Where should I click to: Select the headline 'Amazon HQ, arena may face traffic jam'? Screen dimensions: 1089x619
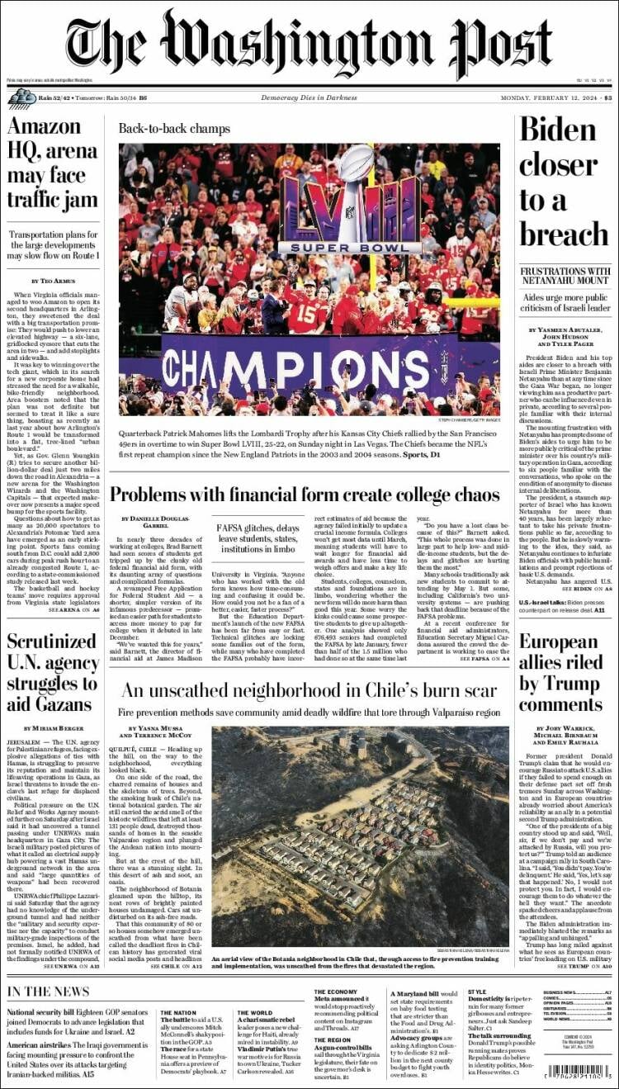tap(53, 163)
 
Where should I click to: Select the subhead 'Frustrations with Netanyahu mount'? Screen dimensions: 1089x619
tap(564, 277)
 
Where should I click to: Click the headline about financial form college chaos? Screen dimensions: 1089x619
tap(305, 495)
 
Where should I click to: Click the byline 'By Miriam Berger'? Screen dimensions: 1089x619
tap(53, 727)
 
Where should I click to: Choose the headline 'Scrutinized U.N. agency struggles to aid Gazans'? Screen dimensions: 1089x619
tap(53, 673)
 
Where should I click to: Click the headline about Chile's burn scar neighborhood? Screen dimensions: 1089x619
tap(309, 691)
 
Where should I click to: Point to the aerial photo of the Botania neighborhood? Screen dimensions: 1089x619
tap(360, 836)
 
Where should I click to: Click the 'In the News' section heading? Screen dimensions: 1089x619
tap(48, 991)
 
